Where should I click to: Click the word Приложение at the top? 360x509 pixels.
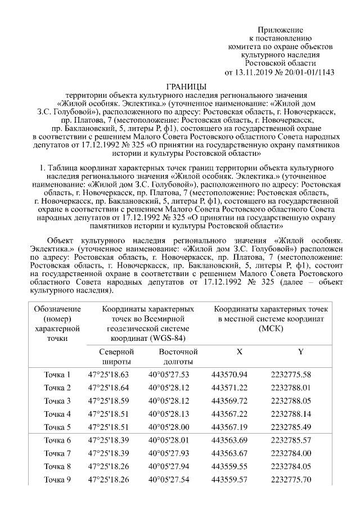click(280, 29)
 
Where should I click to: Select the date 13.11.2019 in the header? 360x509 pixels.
click(256, 72)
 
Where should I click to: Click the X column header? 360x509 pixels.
click(239, 352)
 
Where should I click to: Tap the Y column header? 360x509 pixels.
click(300, 352)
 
